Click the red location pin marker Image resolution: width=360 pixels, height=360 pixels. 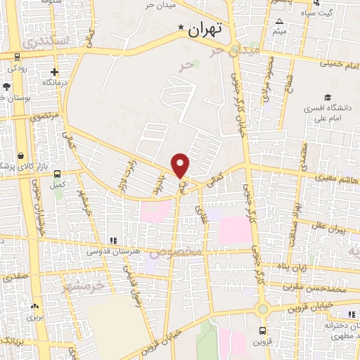click(x=181, y=165)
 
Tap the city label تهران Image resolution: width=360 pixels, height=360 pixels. click(x=205, y=29)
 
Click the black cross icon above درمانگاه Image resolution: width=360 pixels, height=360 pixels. click(x=54, y=72)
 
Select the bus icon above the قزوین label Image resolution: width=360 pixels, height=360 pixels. click(x=262, y=330)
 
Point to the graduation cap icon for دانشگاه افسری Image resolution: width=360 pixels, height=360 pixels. click(x=327, y=97)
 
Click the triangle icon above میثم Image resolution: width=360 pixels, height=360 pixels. click(x=281, y=22)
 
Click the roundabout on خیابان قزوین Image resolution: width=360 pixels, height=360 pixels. click(x=262, y=309)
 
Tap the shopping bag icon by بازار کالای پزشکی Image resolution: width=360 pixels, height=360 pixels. click(x=22, y=155)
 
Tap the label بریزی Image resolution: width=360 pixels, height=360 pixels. click(x=35, y=317)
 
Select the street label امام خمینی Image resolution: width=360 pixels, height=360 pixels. click(x=340, y=63)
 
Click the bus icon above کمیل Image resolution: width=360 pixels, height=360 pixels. click(x=57, y=174)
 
